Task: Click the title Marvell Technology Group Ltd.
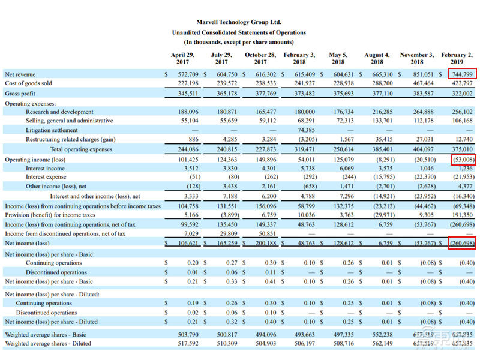click(x=239, y=22)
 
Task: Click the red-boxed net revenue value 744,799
click(x=460, y=74)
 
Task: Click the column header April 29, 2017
click(x=182, y=58)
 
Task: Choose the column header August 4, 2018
click(x=377, y=58)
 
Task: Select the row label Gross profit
click(x=20, y=94)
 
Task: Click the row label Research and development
click(x=59, y=112)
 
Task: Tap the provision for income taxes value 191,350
click(x=460, y=215)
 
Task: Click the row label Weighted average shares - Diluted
click(x=48, y=343)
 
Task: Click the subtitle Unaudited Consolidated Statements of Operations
click(x=239, y=32)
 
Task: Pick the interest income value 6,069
click(x=346, y=168)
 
